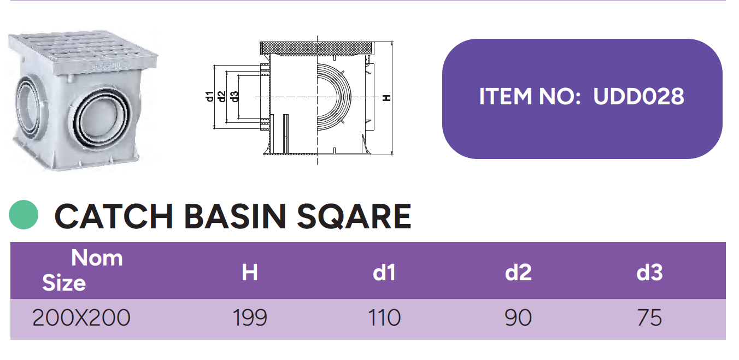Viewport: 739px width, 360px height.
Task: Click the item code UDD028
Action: click(638, 96)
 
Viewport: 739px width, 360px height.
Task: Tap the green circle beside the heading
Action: click(24, 215)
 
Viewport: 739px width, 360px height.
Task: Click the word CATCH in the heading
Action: click(114, 216)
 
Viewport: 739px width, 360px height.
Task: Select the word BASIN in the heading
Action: click(234, 216)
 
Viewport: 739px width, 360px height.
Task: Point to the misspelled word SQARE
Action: click(354, 216)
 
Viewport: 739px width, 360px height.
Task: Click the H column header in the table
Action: click(250, 273)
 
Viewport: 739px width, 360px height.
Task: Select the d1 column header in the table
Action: click(384, 273)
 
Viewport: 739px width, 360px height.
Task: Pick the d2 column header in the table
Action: click(518, 273)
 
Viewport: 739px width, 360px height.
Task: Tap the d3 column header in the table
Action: click(649, 273)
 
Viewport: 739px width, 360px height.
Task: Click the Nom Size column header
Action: click(83, 270)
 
